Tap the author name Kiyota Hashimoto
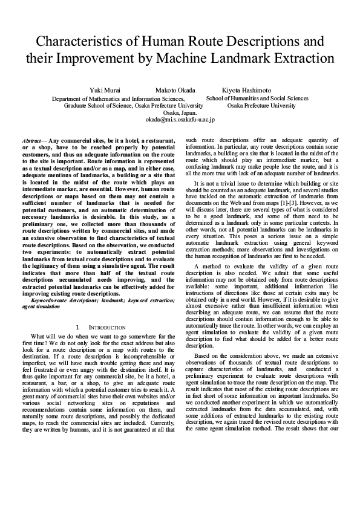(x=246, y=90)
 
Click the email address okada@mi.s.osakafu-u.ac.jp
(x=180, y=120)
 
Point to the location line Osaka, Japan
(x=180, y=112)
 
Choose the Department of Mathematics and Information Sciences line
(x=119, y=98)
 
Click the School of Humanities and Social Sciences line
(x=257, y=98)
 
